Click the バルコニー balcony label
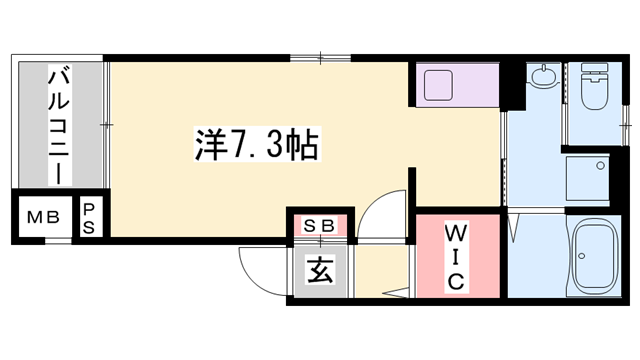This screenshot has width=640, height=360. click(x=59, y=125)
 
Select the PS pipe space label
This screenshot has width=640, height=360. click(x=89, y=218)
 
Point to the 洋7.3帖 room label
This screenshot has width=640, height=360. click(x=255, y=146)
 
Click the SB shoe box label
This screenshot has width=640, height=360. click(x=320, y=225)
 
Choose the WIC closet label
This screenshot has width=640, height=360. click(x=455, y=256)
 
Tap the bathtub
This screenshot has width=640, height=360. click(x=597, y=258)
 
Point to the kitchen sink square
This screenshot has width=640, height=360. click(x=440, y=84)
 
